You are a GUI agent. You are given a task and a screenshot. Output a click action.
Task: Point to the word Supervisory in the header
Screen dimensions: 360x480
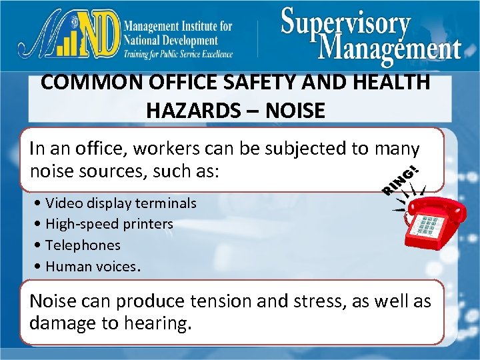pyautogui.click(x=345, y=23)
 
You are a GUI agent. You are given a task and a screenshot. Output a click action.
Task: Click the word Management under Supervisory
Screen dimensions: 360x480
pyautogui.click(x=390, y=48)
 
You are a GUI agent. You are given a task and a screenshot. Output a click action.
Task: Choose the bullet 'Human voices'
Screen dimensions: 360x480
pyautogui.click(x=90, y=267)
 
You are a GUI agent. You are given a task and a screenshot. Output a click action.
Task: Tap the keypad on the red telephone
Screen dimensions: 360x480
pyautogui.click(x=427, y=225)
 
